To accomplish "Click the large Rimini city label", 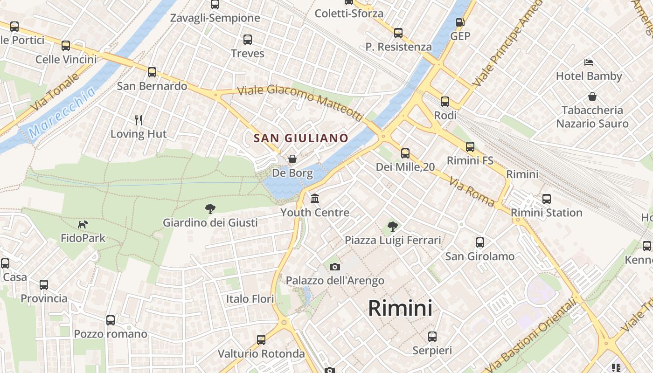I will click(400, 308).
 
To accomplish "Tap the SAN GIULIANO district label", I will click(301, 138).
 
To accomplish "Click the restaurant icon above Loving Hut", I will click(138, 120).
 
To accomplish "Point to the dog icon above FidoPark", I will click(83, 225).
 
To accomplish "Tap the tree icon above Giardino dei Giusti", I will click(210, 209).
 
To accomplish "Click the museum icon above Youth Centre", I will click(315, 199).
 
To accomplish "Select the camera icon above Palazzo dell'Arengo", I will click(334, 267).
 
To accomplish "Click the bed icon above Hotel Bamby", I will click(589, 62).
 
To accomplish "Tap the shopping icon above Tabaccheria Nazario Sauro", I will click(592, 97).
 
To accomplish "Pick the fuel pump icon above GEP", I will click(460, 22).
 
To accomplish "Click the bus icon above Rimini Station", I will click(547, 199).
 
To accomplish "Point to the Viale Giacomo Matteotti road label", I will click(299, 101).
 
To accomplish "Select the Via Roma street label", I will click(472, 191).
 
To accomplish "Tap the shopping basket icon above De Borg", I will click(292, 159).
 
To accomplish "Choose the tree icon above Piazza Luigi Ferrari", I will click(393, 227).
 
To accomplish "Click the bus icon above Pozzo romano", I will click(111, 320).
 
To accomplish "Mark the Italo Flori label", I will click(250, 299).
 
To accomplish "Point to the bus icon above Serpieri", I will click(432, 337).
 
